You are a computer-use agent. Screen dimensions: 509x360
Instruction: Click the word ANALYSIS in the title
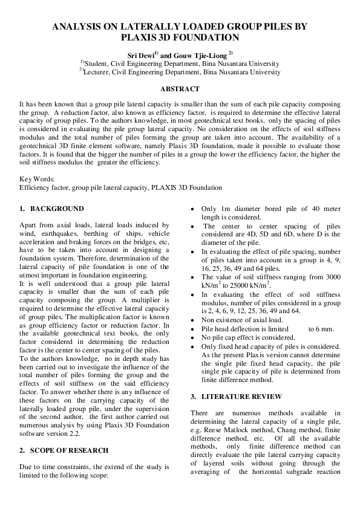click(x=76, y=27)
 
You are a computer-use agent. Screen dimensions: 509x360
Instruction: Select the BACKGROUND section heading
click(x=57, y=209)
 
